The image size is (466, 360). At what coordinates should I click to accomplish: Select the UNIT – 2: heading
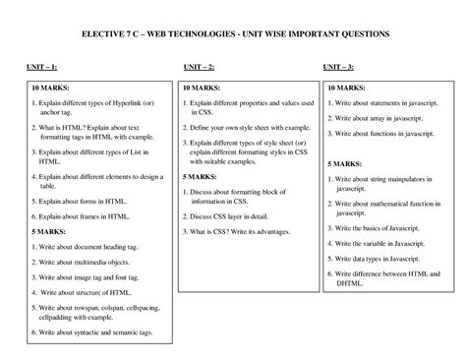pyautogui.click(x=200, y=68)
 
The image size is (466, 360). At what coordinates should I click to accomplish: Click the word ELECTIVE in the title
pyautogui.click(x=105, y=33)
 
